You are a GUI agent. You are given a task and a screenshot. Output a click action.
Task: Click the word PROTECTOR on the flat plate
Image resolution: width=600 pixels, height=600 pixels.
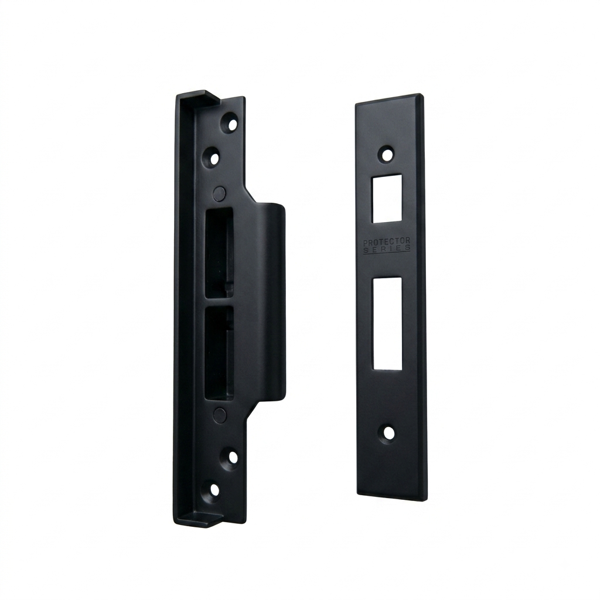point(387,242)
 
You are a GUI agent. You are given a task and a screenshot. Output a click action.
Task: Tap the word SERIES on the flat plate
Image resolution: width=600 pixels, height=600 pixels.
point(387,248)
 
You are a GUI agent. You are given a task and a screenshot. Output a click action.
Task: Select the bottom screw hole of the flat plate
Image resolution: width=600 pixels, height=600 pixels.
point(389,434)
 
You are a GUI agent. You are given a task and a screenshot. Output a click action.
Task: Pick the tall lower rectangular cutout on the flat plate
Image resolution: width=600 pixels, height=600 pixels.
point(387,323)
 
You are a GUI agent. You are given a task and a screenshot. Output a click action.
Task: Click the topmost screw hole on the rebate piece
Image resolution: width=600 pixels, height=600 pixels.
point(231,124)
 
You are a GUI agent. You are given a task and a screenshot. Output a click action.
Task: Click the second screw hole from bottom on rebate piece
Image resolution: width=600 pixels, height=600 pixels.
point(232,457)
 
